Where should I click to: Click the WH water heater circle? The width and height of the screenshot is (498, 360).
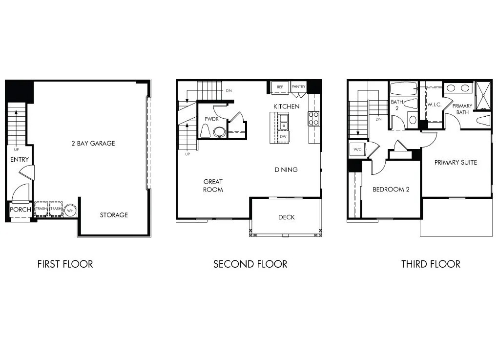pos(71,211)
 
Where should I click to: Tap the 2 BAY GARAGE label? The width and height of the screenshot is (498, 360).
pos(92,144)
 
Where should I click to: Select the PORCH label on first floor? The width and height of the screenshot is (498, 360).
pos(21,210)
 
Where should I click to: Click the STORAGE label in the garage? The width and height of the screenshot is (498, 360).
pos(114,215)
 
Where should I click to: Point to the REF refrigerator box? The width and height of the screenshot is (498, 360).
pos(280,87)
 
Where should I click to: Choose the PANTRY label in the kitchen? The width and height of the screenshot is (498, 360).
pos(298,87)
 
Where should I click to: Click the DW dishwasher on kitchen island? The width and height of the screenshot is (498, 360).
pos(283,137)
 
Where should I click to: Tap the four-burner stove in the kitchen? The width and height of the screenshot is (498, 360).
pos(313,119)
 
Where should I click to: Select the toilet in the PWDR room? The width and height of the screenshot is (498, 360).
pos(205,131)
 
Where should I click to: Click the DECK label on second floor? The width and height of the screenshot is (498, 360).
pos(286,217)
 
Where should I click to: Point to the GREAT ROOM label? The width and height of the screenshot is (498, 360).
pos(213,186)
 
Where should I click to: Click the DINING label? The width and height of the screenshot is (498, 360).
pos(286,170)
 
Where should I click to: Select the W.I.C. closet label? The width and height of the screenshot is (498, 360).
pos(435,105)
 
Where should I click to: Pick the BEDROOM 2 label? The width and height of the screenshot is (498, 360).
pos(391,190)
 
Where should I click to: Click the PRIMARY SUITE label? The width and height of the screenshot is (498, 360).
pos(456,162)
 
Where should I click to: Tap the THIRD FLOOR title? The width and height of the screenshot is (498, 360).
pos(431,264)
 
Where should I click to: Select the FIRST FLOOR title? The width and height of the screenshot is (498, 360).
pos(65,264)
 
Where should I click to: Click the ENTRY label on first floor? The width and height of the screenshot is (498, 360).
pos(20,160)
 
